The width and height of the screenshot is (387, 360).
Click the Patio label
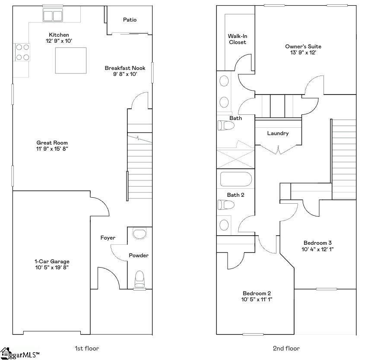(x=130, y=20)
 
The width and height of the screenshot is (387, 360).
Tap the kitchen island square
(x=70, y=60)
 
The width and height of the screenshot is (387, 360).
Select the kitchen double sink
(x=53, y=16)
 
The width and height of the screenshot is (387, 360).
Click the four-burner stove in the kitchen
(x=22, y=52)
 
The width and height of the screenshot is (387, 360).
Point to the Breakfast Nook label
(x=125, y=68)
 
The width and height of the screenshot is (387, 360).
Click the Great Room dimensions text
(x=52, y=149)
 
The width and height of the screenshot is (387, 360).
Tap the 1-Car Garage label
(x=52, y=262)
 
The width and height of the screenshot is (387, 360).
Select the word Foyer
(x=108, y=238)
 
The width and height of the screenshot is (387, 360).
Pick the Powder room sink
(x=140, y=234)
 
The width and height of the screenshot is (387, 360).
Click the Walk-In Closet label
(x=237, y=39)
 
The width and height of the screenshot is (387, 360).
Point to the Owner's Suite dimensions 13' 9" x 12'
(x=303, y=53)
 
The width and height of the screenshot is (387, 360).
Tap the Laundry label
(x=278, y=133)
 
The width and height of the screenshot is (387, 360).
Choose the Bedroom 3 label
(x=317, y=243)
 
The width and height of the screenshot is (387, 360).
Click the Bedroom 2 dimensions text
(x=257, y=299)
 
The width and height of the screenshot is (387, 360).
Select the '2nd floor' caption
(x=286, y=348)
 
